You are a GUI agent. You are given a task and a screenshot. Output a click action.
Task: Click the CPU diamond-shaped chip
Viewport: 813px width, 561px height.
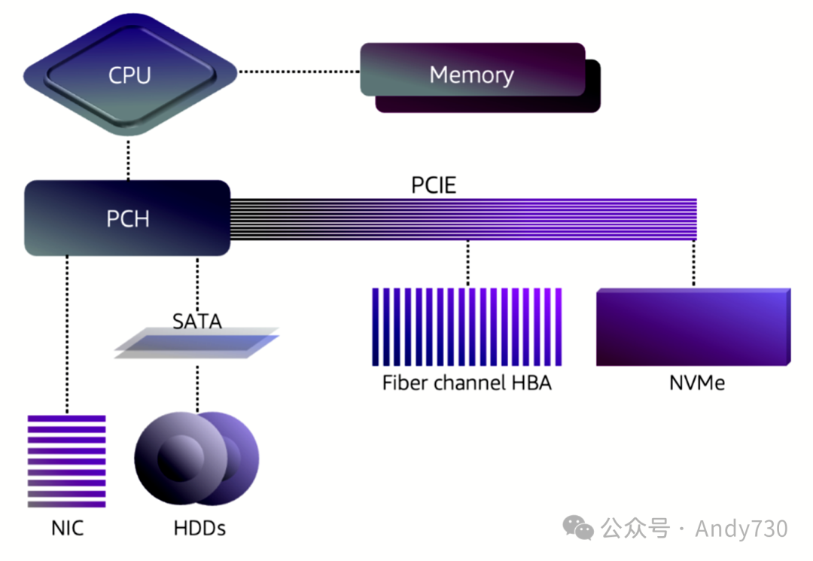tap(129, 75)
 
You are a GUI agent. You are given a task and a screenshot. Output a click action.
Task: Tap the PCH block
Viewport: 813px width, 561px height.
tap(127, 218)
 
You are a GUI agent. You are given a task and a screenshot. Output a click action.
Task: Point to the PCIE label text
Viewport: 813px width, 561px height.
tap(434, 185)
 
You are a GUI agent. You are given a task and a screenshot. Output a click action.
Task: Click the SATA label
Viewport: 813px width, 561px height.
tap(197, 322)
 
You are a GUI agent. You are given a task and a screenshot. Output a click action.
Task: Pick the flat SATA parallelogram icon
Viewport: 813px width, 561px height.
tap(197, 343)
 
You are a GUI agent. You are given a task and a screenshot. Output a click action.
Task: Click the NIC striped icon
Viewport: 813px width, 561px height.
tap(67, 460)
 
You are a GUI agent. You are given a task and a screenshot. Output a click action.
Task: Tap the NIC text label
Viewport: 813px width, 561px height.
tap(67, 528)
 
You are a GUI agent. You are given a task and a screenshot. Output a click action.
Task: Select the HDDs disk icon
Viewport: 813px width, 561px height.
tap(196, 459)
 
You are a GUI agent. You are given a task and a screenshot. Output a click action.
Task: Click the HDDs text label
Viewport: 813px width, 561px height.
tap(199, 528)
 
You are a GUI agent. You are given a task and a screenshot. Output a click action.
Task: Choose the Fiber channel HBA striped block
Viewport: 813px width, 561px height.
tap(467, 326)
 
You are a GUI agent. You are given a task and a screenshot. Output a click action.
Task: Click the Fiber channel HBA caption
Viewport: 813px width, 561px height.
tap(467, 383)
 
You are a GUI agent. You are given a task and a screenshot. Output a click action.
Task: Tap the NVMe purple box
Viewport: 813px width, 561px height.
tap(693, 328)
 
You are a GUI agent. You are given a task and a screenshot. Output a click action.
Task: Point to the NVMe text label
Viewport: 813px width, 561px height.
tap(696, 383)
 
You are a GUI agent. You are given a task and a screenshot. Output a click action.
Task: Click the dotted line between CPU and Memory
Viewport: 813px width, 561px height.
tap(299, 72)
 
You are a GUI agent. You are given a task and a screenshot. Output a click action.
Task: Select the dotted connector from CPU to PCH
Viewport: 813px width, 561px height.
tap(128, 158)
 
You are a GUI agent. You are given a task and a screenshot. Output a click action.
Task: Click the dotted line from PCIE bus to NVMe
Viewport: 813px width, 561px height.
tap(693, 264)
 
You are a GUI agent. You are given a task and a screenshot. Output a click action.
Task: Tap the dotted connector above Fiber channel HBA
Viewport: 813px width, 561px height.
tap(467, 264)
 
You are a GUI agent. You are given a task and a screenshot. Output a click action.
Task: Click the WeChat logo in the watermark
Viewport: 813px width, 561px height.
tap(579, 528)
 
